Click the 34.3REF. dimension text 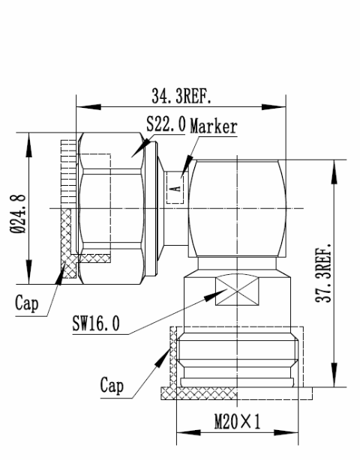[x=181, y=97]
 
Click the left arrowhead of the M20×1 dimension [x=182, y=432]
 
